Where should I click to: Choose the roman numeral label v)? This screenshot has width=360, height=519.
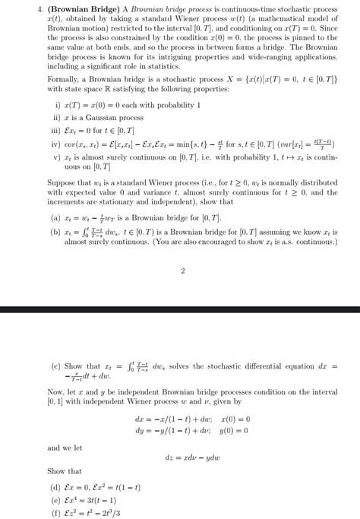pos(58,157)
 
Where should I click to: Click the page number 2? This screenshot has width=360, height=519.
pos(183,270)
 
